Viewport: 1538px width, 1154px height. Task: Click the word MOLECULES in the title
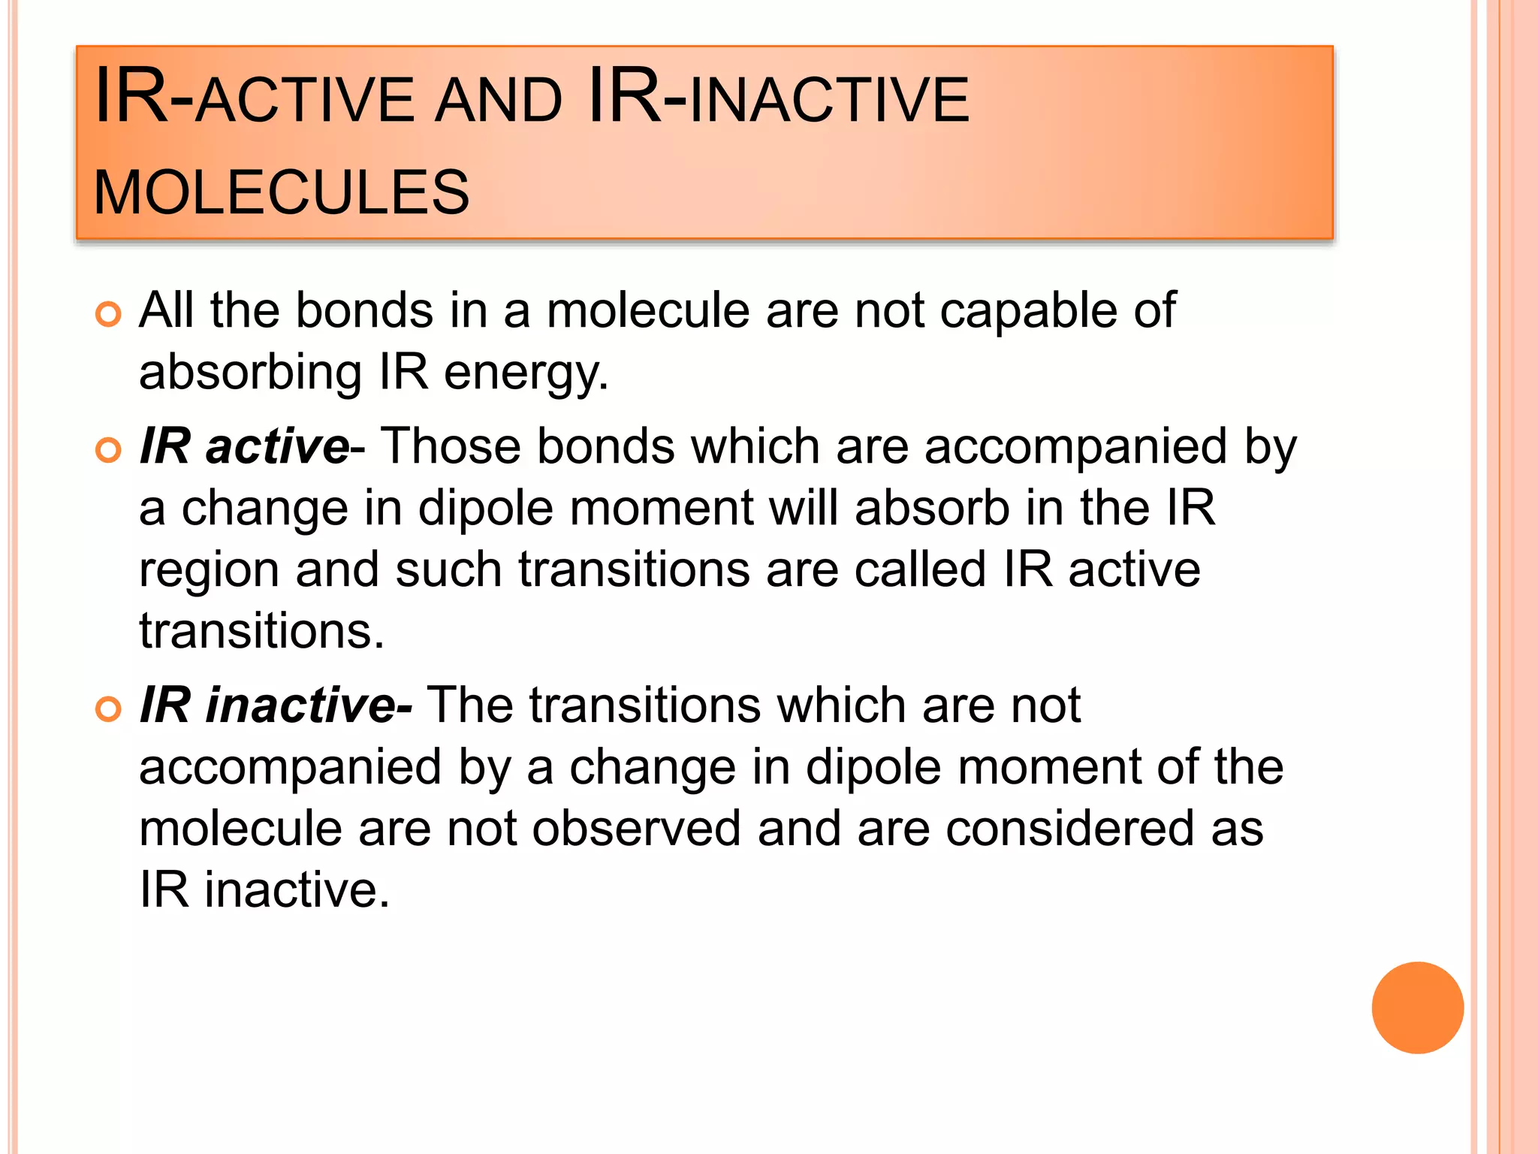tap(281, 192)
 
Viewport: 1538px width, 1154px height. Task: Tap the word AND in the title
tap(499, 101)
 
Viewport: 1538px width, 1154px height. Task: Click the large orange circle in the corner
tap(1417, 1007)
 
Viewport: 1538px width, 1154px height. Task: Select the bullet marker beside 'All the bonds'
tap(109, 314)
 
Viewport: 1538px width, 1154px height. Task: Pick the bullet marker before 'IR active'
tap(109, 450)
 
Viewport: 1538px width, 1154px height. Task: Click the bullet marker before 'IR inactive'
tap(109, 708)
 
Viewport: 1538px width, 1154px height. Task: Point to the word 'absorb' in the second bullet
tap(932, 508)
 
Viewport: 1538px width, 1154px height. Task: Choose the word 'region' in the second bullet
tap(210, 571)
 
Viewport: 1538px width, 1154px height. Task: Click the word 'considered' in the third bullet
tap(1069, 829)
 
